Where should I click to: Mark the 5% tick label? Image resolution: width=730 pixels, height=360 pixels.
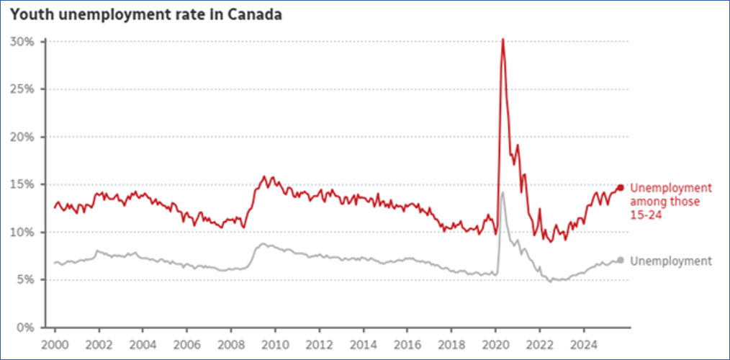point(27,279)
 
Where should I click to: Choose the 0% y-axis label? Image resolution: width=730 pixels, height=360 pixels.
point(27,327)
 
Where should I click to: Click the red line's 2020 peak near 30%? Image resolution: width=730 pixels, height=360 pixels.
point(503,40)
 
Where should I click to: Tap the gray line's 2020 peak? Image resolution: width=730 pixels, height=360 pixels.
point(503,193)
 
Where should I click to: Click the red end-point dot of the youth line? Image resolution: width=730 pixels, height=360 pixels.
point(621,188)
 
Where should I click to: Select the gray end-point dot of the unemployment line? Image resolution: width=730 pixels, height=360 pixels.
point(621,260)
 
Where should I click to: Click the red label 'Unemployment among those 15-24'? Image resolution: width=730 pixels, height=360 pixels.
point(670,202)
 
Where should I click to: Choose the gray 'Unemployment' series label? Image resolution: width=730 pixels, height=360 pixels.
point(670,261)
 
